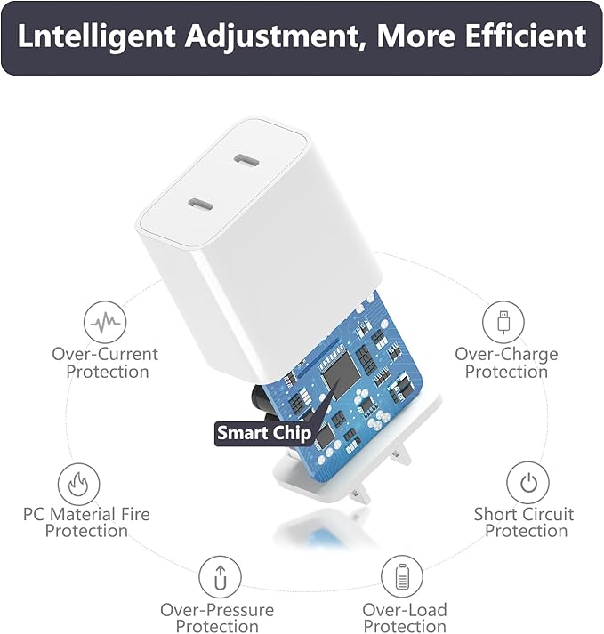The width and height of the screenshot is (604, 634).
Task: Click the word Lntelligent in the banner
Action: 97,36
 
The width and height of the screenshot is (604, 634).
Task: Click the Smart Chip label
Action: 264,433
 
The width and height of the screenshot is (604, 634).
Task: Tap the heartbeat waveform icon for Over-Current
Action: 105,322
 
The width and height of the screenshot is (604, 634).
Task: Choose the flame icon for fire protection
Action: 78,484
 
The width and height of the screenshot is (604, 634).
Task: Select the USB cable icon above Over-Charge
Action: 503,322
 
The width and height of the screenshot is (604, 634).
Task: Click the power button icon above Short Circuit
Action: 527,483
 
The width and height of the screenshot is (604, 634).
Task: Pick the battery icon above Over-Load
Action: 402,576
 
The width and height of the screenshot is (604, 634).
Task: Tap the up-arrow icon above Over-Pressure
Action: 220,577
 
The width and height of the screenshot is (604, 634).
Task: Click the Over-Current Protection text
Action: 105,363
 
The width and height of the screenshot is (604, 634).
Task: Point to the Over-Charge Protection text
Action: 506,363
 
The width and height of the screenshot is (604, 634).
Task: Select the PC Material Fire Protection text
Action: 86,522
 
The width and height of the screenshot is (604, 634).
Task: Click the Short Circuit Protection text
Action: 524,522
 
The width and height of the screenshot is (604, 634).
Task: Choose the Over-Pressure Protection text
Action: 217,618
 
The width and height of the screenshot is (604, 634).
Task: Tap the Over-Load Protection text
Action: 405,618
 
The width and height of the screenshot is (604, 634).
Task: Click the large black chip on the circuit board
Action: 341,375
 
